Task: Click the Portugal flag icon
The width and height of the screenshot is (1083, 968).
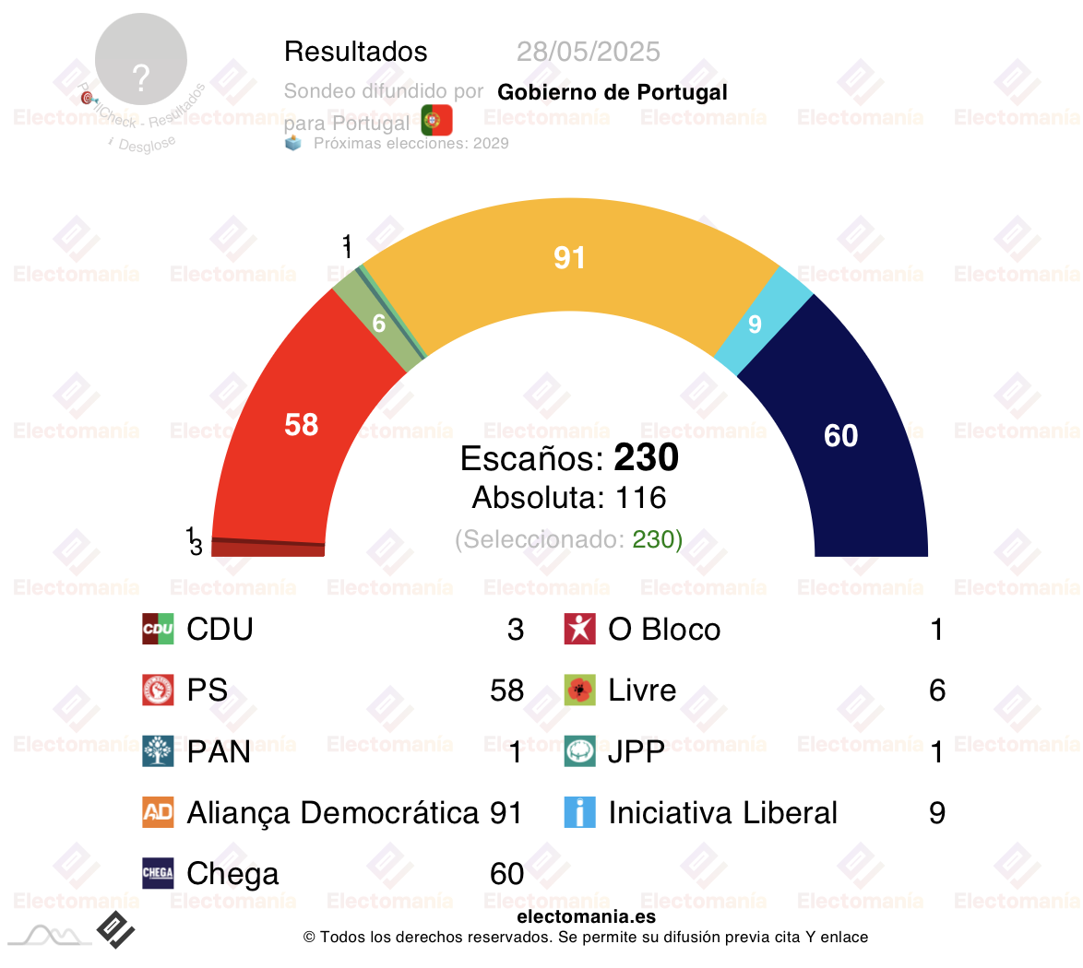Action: pos(436,121)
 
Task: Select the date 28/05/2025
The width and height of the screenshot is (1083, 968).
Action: pos(589,52)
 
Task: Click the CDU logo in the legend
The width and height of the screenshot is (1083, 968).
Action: pos(158,630)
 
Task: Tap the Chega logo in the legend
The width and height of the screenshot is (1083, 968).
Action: pos(158,873)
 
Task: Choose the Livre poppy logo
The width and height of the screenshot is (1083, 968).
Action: pos(580,691)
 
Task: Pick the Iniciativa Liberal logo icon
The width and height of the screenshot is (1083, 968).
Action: pos(580,812)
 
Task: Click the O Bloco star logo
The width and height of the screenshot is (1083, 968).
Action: pos(580,630)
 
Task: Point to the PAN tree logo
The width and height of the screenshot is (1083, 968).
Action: pos(158,751)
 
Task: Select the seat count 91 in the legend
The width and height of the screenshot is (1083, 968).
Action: pos(506,812)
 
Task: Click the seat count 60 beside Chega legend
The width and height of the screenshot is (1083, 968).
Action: pos(506,873)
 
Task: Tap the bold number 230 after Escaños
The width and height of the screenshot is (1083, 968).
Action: pos(647,458)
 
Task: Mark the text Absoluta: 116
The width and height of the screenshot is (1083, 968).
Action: pos(569,498)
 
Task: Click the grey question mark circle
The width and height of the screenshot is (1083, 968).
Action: pos(141,60)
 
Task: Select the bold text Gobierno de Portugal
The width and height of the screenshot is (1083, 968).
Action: pos(613,92)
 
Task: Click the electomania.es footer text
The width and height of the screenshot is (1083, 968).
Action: pos(587,916)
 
